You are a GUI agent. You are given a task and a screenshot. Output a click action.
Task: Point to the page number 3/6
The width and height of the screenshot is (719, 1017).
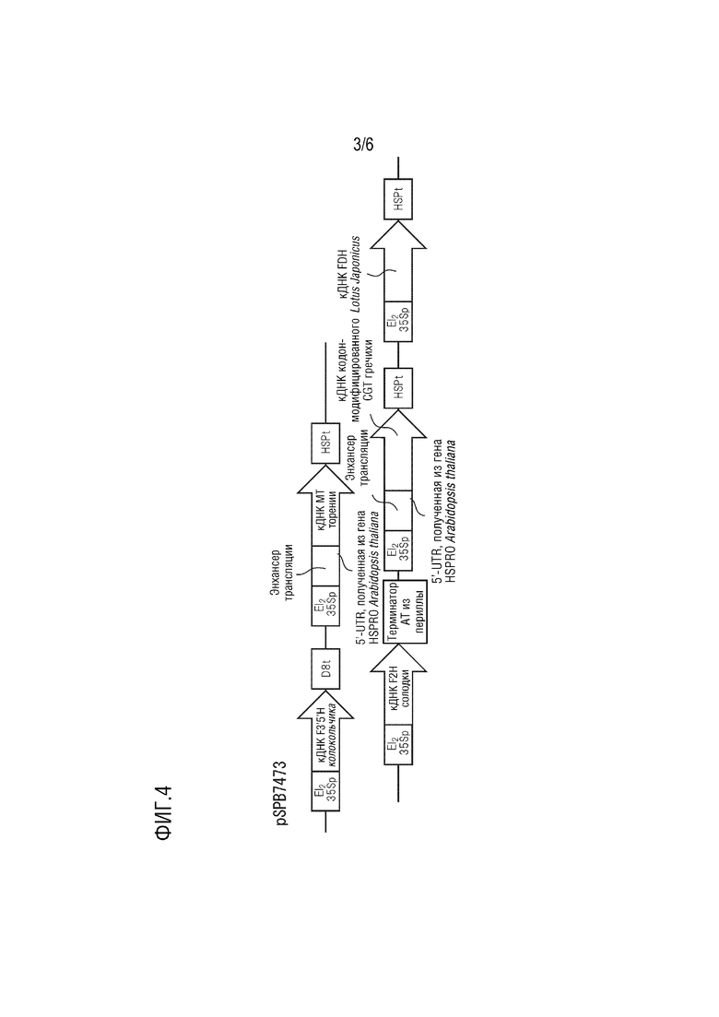click(363, 144)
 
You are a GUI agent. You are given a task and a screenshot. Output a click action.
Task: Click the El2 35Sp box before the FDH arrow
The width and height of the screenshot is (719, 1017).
click(398, 323)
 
